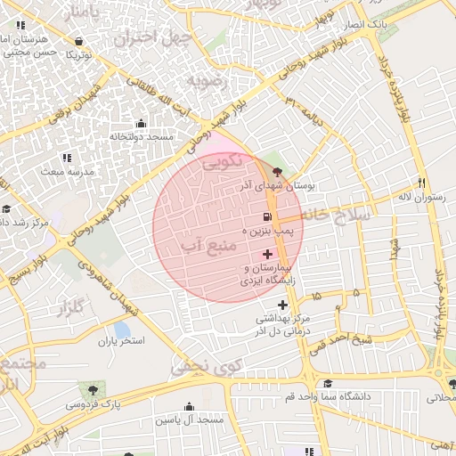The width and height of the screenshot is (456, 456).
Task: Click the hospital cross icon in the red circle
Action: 267,255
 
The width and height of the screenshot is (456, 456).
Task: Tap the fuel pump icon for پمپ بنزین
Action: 266,217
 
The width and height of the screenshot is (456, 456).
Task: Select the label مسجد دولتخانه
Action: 142,137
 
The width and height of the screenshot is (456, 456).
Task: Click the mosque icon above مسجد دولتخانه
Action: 141,124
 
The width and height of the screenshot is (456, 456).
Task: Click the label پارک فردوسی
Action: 92,403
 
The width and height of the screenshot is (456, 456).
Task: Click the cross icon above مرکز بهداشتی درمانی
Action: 284,305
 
